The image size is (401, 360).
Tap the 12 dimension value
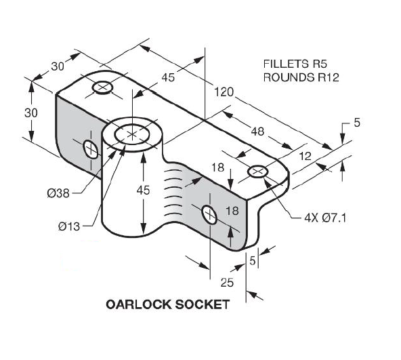305,156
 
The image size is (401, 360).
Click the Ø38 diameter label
59,193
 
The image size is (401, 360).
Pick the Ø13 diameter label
69,226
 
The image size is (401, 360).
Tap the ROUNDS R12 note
301,77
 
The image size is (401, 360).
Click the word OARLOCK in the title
138,304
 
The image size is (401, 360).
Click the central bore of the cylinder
135,134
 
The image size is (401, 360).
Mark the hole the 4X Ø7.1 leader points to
258,172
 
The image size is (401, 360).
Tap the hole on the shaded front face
209,216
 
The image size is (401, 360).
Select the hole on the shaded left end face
89,148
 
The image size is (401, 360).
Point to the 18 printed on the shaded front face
232,211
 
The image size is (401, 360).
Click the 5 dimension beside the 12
356,123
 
